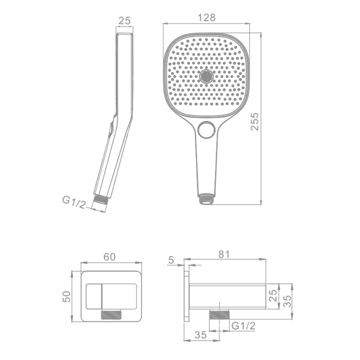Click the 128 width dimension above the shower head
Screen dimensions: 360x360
207,18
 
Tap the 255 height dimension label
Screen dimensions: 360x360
255,121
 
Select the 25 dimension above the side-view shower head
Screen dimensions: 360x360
125,21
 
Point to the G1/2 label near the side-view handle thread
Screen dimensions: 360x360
74,202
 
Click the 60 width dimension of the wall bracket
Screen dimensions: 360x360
109,257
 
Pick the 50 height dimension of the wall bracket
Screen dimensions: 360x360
67,297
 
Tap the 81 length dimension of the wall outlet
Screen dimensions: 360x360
224,254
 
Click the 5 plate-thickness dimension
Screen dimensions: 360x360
171,260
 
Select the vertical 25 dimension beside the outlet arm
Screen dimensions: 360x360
273,296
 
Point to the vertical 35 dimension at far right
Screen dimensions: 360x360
287,301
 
